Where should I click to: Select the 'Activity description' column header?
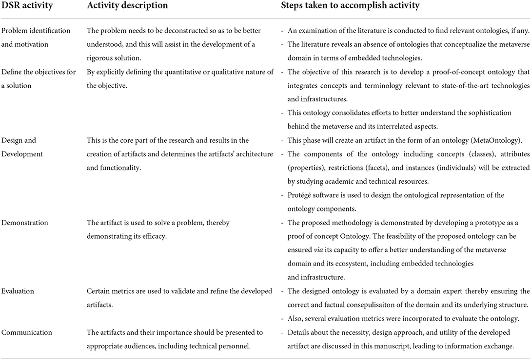click(x=127, y=7)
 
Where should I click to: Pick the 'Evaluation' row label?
click(x=19, y=291)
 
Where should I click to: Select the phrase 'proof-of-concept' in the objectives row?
click(x=464, y=72)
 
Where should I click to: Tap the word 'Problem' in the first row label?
click(x=15, y=31)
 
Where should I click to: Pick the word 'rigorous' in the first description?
click(x=103, y=58)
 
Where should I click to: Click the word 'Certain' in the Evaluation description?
click(x=99, y=291)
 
